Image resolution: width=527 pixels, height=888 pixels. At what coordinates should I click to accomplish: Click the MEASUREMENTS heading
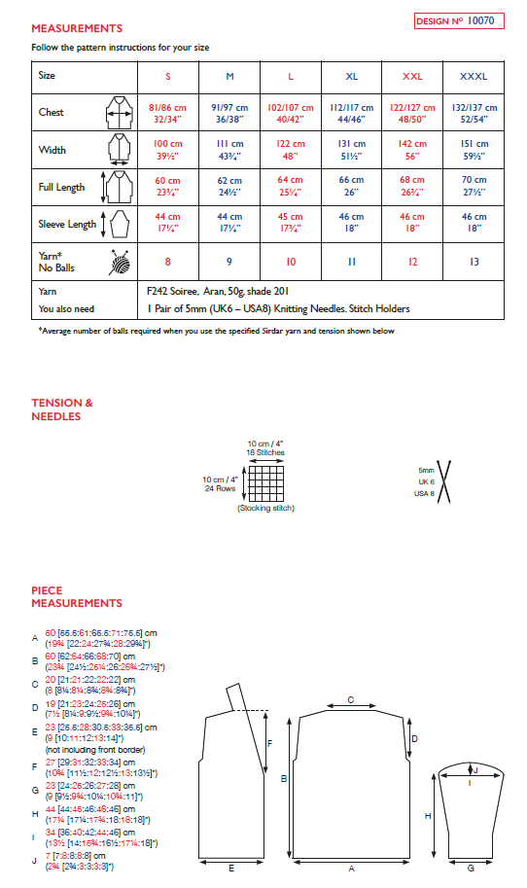[77, 29]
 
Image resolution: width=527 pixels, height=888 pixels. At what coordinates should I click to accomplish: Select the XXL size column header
[411, 75]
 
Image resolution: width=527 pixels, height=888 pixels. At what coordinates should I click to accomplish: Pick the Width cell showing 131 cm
[351, 150]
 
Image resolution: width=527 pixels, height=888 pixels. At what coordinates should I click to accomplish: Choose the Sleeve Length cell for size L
[289, 224]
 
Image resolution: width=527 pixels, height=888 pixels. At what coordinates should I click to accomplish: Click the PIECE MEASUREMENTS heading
[77, 596]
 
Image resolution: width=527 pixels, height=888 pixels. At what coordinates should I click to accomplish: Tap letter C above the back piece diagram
[350, 699]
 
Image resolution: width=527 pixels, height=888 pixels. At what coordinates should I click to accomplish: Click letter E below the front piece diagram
[229, 868]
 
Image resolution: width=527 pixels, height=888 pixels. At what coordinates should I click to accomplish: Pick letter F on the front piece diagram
[268, 742]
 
